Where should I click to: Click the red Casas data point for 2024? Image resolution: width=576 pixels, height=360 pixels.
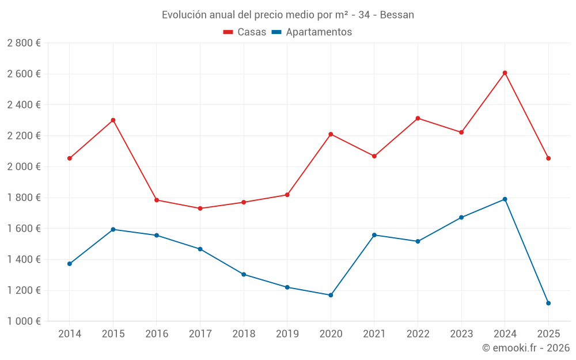[x=505, y=73]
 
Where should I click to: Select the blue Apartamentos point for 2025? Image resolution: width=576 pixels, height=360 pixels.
[x=548, y=303]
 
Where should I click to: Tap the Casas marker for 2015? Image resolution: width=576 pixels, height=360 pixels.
[x=113, y=120]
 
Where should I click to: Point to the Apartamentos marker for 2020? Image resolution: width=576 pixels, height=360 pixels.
[x=331, y=295]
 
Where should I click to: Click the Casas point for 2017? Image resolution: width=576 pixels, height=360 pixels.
[x=200, y=209]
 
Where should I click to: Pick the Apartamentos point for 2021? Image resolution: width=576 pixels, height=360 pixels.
[x=374, y=235]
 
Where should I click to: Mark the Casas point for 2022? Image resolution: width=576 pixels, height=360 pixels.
[x=418, y=118]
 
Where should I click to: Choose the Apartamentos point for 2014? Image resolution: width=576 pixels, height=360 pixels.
[x=70, y=264]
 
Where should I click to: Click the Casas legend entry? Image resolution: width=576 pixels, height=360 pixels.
[x=245, y=32]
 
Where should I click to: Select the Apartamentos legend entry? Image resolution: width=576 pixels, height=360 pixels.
[x=312, y=32]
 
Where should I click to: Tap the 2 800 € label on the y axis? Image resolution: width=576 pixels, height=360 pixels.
[x=24, y=43]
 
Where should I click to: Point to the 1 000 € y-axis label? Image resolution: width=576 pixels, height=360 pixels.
[x=24, y=321]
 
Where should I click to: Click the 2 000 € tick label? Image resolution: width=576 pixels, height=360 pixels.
[x=24, y=166]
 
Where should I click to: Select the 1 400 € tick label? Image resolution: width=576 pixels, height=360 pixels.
[x=24, y=259]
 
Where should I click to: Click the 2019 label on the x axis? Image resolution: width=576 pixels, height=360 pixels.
[x=287, y=334]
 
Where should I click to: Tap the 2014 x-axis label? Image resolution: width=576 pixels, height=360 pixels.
[x=70, y=334]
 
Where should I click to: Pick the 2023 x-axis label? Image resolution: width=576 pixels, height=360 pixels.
[x=461, y=334]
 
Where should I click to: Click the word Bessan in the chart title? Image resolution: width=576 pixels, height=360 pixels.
[x=397, y=15]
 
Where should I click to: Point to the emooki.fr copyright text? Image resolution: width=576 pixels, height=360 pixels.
[x=525, y=348]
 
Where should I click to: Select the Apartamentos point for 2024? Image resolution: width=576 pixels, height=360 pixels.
[x=505, y=199]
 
